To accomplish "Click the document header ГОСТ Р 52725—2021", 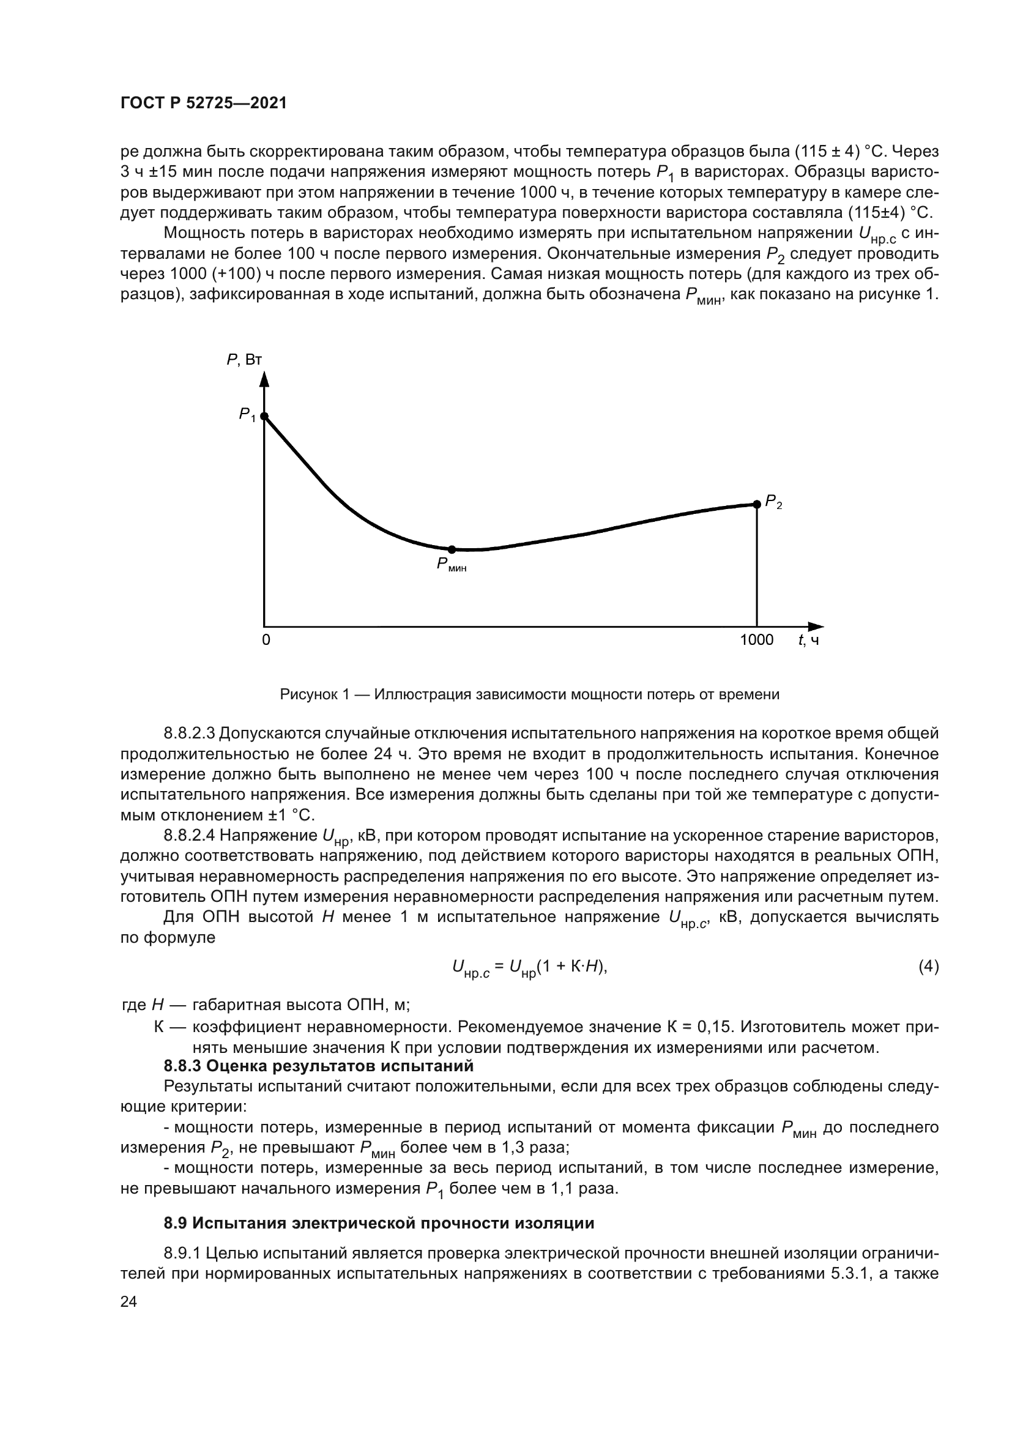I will (204, 103).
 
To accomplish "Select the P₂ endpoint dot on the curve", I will (756, 504).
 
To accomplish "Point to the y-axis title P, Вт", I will (244, 360).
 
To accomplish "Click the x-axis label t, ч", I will (808, 640).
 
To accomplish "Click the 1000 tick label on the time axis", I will (756, 640).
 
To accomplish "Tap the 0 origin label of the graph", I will (266, 640).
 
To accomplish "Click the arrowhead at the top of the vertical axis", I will (264, 379).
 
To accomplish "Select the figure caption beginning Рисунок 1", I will (530, 694).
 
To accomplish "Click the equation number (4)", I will (929, 967).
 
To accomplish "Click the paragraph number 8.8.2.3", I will (190, 734).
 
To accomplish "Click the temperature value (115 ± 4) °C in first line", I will (828, 152).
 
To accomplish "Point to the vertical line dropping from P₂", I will (756, 567).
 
